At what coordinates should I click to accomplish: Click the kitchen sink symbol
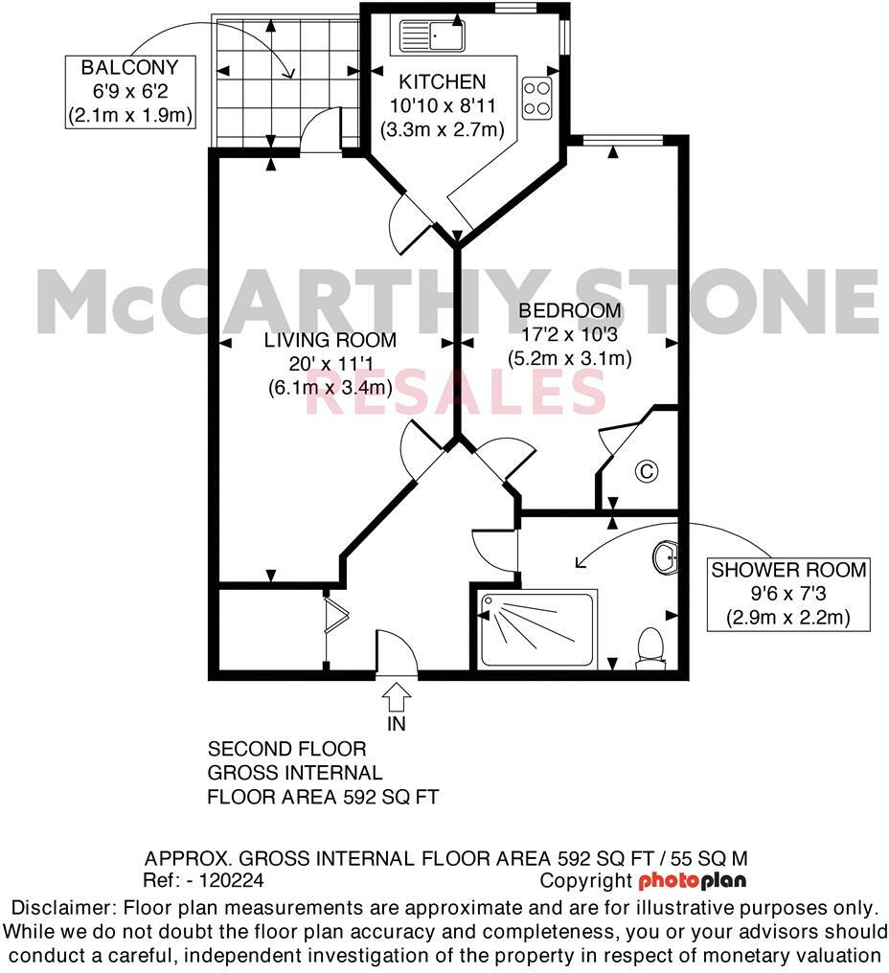click(431, 36)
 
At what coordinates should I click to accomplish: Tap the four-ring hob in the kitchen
click(534, 95)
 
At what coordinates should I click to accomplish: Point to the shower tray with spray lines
click(537, 628)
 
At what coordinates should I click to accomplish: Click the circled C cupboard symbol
click(648, 470)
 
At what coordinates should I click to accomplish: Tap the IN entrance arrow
click(397, 692)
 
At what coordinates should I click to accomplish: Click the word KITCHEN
click(443, 81)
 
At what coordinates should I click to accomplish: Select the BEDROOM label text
click(569, 311)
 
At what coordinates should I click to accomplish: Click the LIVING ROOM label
click(331, 340)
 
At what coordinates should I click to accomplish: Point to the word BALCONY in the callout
click(129, 68)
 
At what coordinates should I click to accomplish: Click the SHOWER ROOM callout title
click(788, 571)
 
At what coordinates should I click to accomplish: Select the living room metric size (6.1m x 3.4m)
click(331, 388)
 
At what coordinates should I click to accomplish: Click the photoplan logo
click(692, 880)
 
